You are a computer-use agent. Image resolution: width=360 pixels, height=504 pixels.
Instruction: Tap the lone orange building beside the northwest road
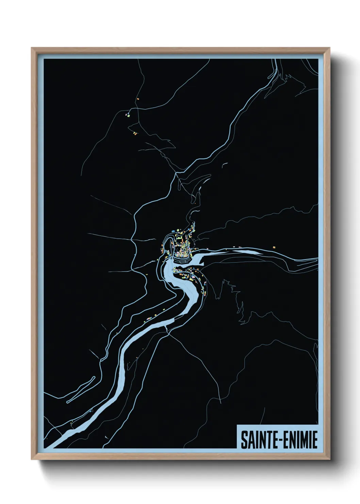point(138,99)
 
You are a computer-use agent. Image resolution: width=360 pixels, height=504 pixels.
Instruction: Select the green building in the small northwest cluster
point(129,115)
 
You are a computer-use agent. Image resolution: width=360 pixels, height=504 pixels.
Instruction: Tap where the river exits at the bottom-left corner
point(51,445)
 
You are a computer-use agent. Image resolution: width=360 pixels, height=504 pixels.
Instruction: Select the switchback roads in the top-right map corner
point(276,73)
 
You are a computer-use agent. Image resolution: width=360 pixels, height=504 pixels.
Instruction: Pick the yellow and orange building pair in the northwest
point(134,133)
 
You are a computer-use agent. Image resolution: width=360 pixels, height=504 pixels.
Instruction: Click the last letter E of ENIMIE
point(315,440)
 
